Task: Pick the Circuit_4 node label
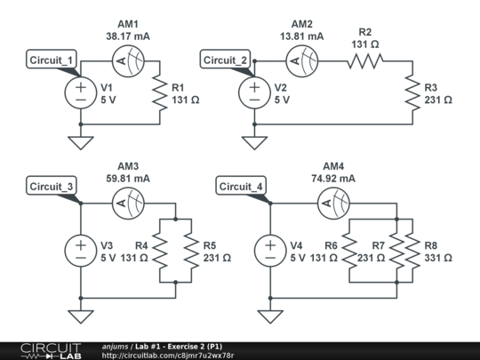242,186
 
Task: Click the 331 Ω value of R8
435,258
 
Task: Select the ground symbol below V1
79,141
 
